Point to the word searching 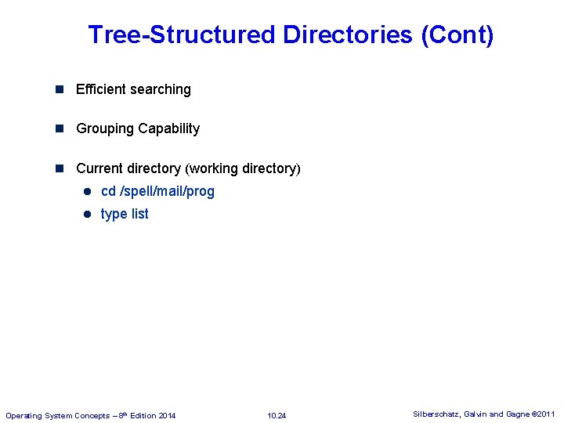(162, 90)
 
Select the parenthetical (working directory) (243, 168)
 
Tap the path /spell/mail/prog (167, 191)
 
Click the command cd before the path (108, 191)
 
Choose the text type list (125, 214)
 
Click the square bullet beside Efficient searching (60, 89)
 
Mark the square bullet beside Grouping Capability (60, 128)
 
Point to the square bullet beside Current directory (60, 168)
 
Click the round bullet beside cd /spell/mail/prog (89, 191)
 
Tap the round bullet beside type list (89, 214)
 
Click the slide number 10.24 (277, 415)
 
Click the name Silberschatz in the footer (437, 414)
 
